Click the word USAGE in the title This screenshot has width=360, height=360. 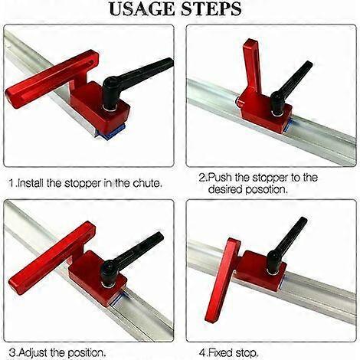coord(142,10)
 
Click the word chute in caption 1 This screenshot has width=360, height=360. coord(142,185)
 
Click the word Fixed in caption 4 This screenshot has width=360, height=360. coord(225,352)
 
